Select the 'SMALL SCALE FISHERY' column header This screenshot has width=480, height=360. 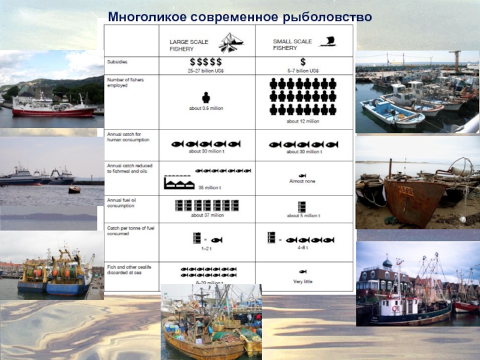tap(293, 44)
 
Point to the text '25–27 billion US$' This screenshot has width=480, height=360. tap(206, 70)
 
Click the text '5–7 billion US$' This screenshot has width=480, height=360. tap(303, 70)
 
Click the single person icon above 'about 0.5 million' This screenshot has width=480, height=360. tap(206, 98)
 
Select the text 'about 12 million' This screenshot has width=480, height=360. tap(303, 121)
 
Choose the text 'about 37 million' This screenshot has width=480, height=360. tap(207, 215)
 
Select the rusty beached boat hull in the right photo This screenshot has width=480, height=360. tap(415, 201)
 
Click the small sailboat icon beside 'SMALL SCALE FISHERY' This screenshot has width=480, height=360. tap(328, 41)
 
